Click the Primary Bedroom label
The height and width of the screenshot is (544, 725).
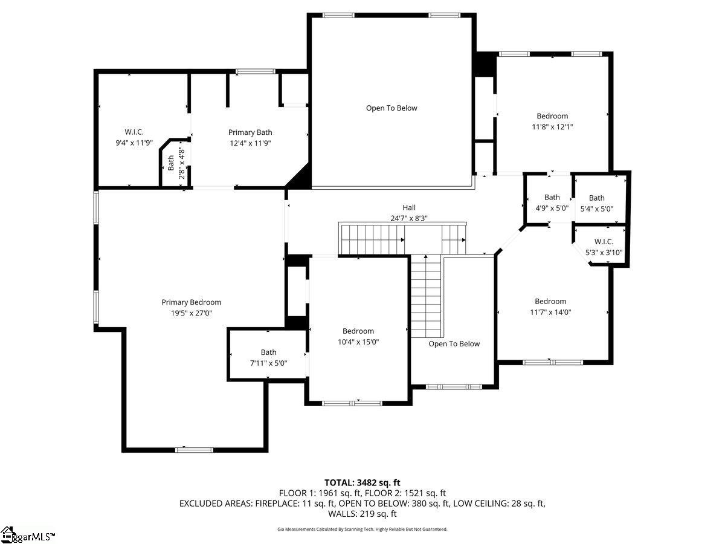(192, 302)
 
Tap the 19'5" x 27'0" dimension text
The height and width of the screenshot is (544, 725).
(192, 313)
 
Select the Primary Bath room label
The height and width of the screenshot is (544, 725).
(250, 132)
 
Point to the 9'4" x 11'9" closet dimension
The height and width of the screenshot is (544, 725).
(134, 143)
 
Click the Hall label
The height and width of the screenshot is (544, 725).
(409, 207)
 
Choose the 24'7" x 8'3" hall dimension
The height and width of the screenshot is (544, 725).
(409, 218)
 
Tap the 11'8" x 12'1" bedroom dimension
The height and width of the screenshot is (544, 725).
(552, 127)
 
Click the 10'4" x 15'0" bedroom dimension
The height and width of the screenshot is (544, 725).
(358, 342)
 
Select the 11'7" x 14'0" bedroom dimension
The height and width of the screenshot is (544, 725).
(550, 312)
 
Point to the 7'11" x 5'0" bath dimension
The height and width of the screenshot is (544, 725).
(268, 363)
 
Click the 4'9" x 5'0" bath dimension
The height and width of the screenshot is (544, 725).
(552, 209)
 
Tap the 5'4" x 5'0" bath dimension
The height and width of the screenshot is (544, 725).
(597, 209)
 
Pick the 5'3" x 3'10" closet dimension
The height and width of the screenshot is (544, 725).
(604, 253)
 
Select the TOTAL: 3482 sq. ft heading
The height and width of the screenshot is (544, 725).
(362, 482)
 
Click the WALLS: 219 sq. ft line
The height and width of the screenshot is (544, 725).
(362, 514)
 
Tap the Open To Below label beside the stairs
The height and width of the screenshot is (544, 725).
(454, 344)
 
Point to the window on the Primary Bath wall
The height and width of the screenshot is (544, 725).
(256, 71)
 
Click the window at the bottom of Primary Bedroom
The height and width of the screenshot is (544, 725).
(194, 450)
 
